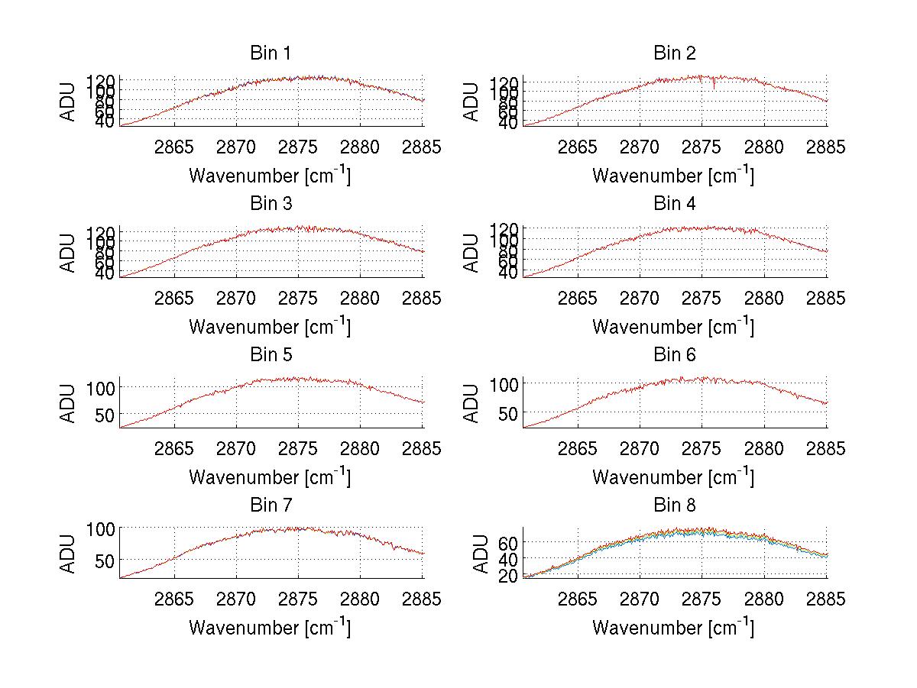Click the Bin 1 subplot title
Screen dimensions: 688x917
click(271, 53)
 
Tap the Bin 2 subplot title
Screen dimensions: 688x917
click(674, 53)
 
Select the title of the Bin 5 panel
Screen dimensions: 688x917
click(271, 355)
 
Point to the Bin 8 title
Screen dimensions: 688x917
click(674, 506)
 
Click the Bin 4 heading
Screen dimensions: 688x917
click(674, 204)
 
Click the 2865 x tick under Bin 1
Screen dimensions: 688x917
click(175, 147)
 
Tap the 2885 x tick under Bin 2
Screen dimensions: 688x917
click(826, 147)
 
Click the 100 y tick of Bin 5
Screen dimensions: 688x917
click(99, 387)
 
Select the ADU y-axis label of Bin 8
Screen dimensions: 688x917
click(481, 554)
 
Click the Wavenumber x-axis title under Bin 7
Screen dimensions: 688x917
click(270, 628)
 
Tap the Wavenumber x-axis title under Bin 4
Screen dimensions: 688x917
click(673, 326)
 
